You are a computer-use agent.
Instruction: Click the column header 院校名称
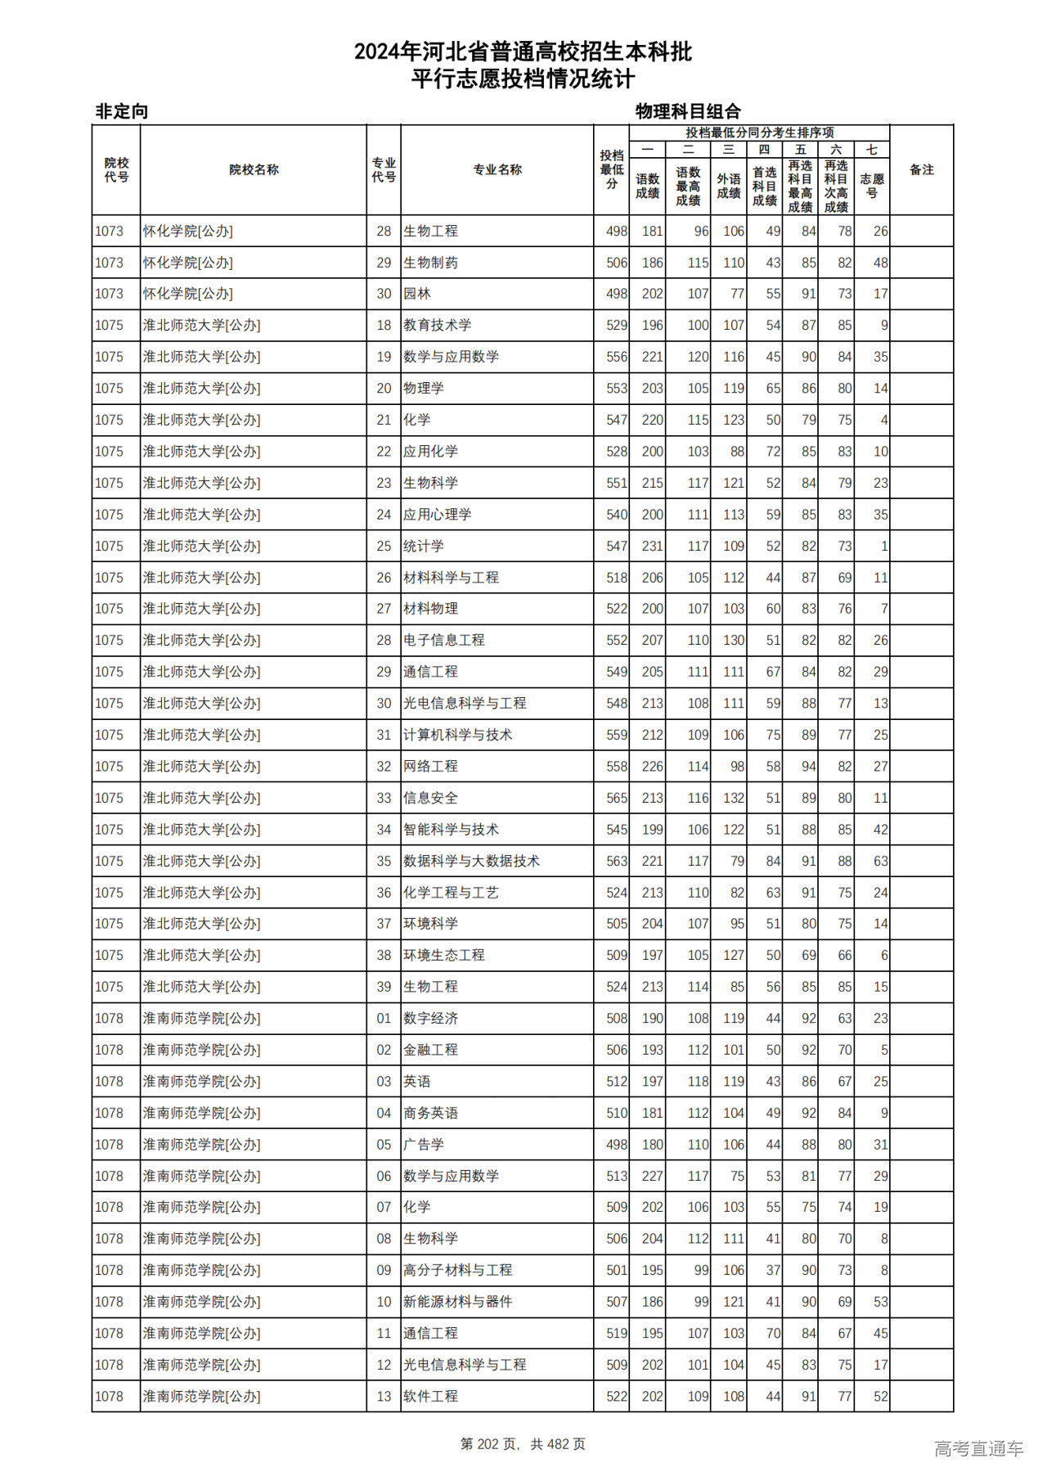254,169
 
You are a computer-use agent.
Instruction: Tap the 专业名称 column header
497,169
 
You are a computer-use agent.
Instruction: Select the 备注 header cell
921,169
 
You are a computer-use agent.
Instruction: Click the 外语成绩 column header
728,186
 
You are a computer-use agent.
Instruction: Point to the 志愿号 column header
871,186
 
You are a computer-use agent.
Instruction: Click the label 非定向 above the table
122,111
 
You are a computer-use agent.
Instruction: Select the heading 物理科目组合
688,111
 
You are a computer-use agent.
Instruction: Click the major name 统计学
424,546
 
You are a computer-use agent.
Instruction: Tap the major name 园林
416,294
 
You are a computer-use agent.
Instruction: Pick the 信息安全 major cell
430,798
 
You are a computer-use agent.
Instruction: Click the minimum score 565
617,798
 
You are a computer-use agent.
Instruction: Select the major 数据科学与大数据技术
471,861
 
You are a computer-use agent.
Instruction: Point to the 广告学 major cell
424,1145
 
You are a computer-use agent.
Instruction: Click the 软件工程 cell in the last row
430,1397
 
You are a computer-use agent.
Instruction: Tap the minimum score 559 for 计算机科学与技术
617,735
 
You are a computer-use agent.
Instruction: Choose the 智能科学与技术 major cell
451,830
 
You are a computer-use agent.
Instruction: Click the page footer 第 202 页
491,1444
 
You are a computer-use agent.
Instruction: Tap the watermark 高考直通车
978,1448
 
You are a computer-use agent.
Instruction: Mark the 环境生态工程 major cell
444,955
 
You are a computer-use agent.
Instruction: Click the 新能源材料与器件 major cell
458,1302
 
